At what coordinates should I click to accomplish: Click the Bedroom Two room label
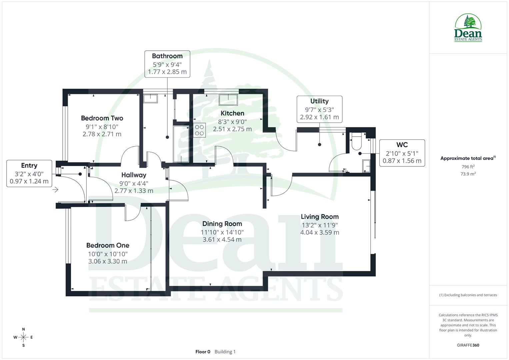pos(102,118)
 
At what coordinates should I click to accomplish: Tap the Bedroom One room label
pos(108,245)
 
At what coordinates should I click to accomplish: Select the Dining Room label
pos(222,224)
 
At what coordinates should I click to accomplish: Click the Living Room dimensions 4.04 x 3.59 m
pos(320,233)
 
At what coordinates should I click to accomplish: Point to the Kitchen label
pos(232,113)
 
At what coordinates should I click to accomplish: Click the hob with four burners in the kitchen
pos(200,130)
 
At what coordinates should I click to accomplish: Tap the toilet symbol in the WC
pos(356,142)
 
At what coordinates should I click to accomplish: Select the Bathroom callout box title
pos(167,56)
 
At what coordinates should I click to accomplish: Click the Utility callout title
pos(319,101)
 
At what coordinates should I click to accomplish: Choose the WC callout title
pos(402,145)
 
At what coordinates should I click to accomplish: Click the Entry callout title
pos(29,165)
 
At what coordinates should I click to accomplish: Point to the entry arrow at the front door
pos(55,190)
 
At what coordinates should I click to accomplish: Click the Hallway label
pos(134,175)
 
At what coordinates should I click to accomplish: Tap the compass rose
pos(23,337)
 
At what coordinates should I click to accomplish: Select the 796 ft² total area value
pos(468,167)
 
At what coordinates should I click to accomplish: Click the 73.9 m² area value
pos(468,174)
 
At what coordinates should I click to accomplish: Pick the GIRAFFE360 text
pos(468,345)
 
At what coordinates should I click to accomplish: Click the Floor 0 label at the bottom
pos(203,352)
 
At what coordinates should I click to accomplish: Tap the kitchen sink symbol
pos(228,97)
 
